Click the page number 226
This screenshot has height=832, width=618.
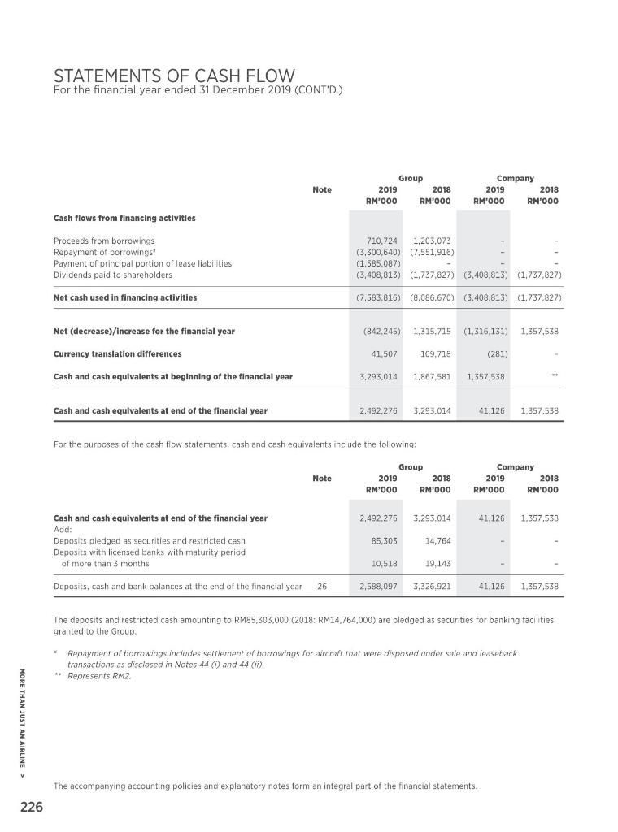coord(33,808)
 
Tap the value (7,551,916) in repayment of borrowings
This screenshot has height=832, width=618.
coord(433,252)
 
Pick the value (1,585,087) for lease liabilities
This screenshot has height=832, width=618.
coord(377,263)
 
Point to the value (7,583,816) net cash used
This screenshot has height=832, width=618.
coord(377,297)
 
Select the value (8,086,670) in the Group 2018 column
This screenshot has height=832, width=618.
coord(433,297)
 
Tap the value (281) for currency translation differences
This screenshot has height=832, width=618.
coord(494,353)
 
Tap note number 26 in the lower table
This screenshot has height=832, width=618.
coord(322,585)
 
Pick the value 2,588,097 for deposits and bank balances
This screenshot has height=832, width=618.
coord(377,585)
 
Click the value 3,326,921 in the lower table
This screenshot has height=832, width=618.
coord(433,585)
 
